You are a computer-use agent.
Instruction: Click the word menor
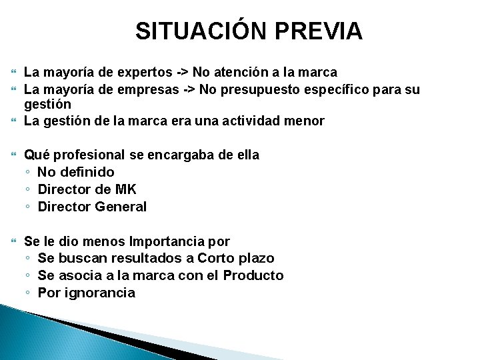pos(307,121)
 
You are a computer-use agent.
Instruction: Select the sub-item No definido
pos(76,172)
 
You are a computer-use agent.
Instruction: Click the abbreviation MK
pos(125,189)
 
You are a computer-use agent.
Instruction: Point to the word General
pos(121,207)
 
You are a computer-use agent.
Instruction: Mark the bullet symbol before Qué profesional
pos(15,155)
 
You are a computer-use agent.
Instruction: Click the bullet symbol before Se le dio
pos(15,241)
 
